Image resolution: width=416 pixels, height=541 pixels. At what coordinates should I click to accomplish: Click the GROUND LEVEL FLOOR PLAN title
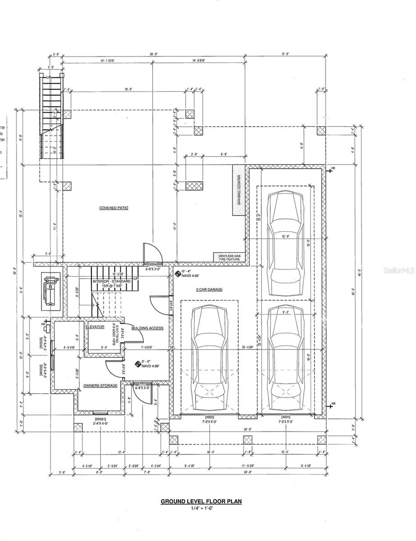coord(201,501)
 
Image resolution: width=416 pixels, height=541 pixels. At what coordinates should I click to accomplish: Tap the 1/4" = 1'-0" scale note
coord(201,509)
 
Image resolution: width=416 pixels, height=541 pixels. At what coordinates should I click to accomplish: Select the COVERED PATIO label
coord(114,208)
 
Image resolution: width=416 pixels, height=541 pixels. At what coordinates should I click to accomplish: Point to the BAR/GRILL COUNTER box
coord(238,190)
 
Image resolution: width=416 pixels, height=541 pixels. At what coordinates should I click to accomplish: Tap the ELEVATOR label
coord(95,326)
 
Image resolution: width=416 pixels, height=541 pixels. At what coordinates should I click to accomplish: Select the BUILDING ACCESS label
coord(147,328)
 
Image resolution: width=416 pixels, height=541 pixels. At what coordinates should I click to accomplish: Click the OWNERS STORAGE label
coord(100,385)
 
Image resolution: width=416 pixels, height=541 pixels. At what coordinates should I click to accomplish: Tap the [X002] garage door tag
coord(209,417)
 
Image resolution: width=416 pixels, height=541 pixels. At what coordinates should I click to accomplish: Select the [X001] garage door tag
coord(285,417)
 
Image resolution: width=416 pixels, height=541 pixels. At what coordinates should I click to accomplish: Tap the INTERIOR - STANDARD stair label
coord(111,281)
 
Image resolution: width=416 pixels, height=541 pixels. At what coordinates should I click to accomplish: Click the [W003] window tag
coord(41,344)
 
